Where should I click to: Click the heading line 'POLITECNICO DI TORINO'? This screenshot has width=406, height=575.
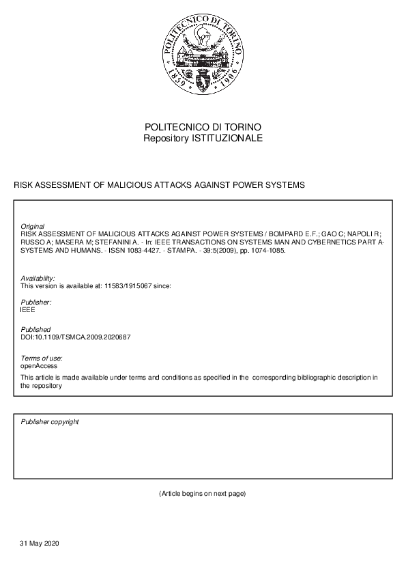coord(203,128)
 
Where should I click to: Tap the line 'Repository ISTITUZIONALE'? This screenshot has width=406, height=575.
coord(203,139)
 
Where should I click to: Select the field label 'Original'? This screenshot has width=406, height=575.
coord(33,226)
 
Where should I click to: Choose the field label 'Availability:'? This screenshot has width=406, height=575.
coord(38,278)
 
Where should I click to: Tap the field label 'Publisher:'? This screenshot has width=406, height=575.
coord(36,302)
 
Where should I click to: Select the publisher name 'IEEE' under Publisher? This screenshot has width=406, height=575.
coord(28,310)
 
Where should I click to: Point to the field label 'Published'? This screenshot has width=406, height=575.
coord(35,330)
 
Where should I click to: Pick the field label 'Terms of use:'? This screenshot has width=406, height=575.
coord(42,359)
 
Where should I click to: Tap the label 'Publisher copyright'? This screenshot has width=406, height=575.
coord(50,422)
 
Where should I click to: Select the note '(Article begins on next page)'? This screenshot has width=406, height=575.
coord(203,493)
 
